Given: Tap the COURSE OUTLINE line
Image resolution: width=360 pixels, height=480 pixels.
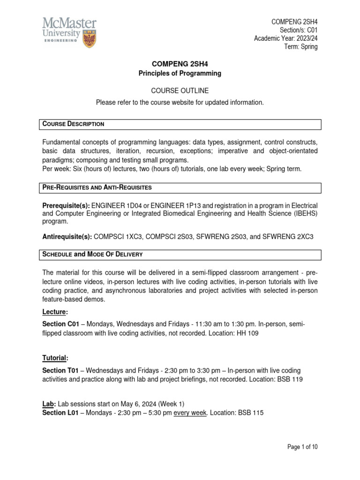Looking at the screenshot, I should pos(180,90).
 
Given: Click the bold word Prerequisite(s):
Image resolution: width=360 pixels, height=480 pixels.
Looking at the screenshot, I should pos(66,206).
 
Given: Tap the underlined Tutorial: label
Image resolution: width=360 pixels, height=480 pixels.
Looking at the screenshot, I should pos(55,358).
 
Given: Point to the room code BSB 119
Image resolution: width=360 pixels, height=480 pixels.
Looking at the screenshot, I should pos(291,380).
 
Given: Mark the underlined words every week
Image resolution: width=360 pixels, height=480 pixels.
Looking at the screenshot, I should pos(190,412).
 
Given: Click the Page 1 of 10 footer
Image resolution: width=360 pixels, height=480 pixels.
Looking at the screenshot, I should pos(302,447).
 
